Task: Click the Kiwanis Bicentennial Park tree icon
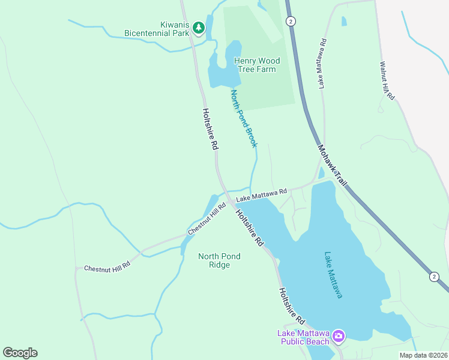click(x=198, y=28)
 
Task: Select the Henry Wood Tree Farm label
click(x=256, y=65)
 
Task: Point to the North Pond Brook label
click(x=244, y=118)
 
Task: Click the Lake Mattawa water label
click(x=333, y=274)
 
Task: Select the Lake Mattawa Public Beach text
click(x=303, y=337)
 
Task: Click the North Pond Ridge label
click(x=219, y=260)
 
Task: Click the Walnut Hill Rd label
click(x=387, y=80)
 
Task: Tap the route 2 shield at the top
click(x=291, y=21)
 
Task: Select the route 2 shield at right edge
click(x=433, y=276)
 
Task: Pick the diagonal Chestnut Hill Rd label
click(x=206, y=218)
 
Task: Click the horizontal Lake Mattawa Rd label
click(x=261, y=195)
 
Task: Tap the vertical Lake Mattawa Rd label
click(x=322, y=64)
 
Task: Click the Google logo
click(x=20, y=353)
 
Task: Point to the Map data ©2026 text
click(x=423, y=355)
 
